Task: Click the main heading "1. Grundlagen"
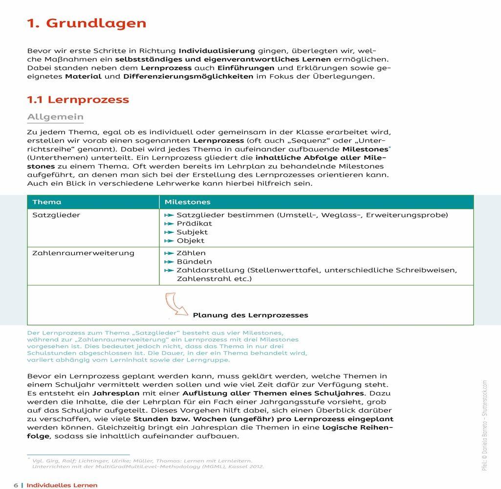(87, 23)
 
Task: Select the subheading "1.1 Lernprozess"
(78, 100)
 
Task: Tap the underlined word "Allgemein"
(55, 117)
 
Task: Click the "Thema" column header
(47, 202)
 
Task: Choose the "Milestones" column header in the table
(187, 202)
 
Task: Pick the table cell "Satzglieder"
(56, 215)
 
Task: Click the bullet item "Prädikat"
(194, 223)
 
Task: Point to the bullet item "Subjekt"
(192, 232)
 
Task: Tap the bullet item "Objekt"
(191, 241)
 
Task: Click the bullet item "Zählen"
(191, 253)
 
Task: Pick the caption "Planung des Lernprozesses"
(250, 315)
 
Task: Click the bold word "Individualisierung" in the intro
(217, 50)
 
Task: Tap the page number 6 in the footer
(16, 485)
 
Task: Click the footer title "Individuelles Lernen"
(62, 485)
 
